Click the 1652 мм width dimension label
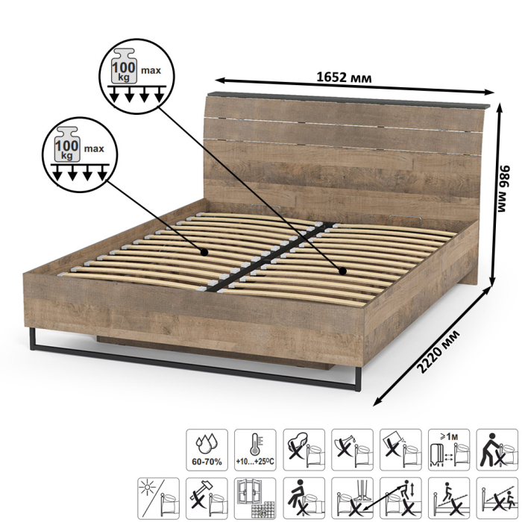(x=343, y=78)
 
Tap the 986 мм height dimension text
(x=503, y=188)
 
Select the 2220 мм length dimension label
(x=438, y=351)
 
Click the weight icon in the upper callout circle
(x=124, y=66)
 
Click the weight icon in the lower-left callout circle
(x=67, y=145)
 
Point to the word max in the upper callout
(x=151, y=71)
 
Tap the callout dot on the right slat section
(x=342, y=271)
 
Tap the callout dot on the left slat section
(x=204, y=252)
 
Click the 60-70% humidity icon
(x=207, y=450)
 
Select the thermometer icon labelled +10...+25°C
(x=255, y=450)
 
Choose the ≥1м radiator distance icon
(x=449, y=450)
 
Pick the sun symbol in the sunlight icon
(x=147, y=488)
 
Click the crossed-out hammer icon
(x=207, y=498)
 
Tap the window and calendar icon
(x=255, y=498)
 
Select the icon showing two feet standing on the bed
(x=352, y=498)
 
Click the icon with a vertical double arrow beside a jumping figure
(x=400, y=498)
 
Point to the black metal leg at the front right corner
(x=358, y=379)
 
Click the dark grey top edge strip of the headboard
(x=349, y=100)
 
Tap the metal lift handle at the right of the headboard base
(x=405, y=219)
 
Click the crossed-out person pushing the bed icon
(x=497, y=450)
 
